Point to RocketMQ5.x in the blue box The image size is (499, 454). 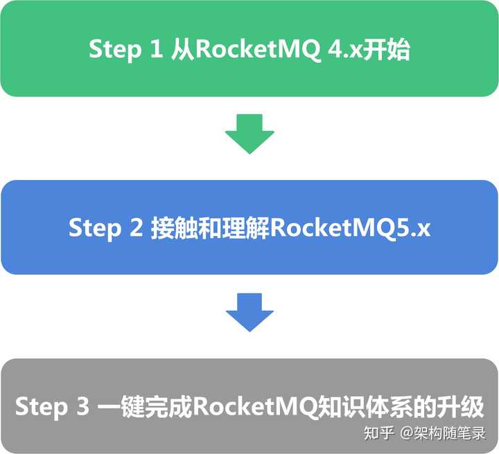pyautogui.click(x=351, y=228)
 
